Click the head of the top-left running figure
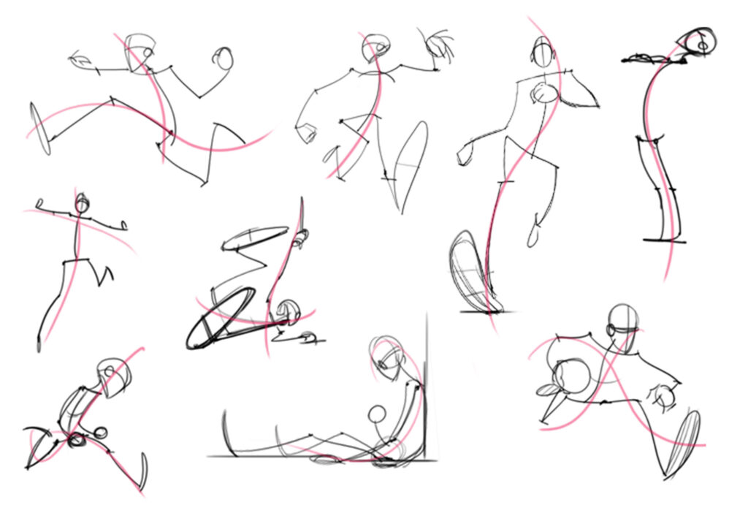[x=139, y=53]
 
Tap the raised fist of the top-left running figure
[x=224, y=58]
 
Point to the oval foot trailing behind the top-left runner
[x=41, y=129]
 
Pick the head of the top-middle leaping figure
[x=374, y=47]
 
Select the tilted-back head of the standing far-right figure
[x=698, y=42]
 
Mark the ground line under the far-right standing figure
[x=665, y=240]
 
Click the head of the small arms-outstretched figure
[x=83, y=204]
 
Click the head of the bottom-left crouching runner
[x=115, y=376]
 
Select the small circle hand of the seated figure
[x=376, y=414]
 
